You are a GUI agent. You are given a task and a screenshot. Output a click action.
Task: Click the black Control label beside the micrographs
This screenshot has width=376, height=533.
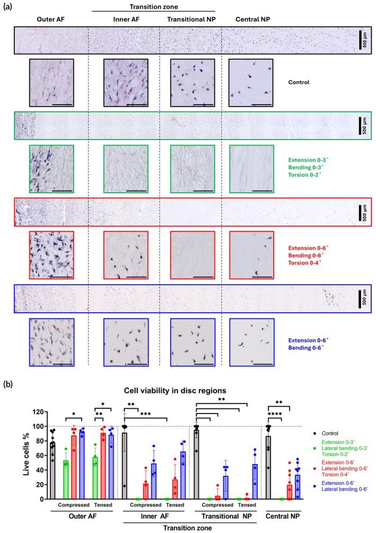(298, 82)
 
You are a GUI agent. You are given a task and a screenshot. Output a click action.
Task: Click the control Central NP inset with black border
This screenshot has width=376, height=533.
(250, 82)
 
